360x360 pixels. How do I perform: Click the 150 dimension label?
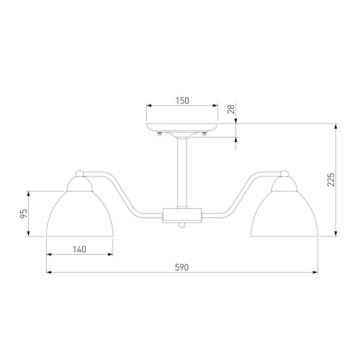tap(182, 101)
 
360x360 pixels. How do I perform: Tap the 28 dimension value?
tap(230, 109)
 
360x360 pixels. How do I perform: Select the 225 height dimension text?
tap(330, 179)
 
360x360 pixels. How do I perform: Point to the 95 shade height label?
tap(23, 213)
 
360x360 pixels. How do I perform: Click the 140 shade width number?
tap(79, 250)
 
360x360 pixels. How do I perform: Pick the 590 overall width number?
tap(182, 267)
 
